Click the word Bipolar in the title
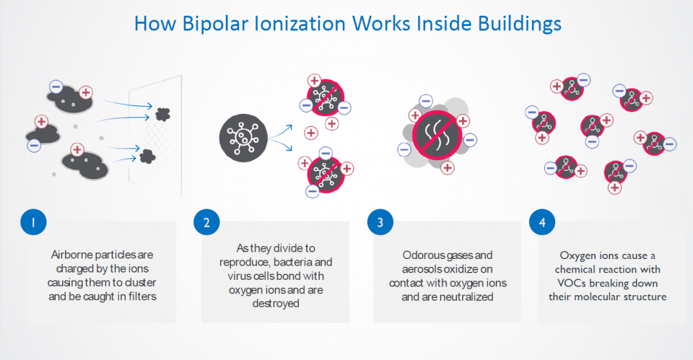[215, 24]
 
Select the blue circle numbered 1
[33, 222]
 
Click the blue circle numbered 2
[206, 222]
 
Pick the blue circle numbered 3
[380, 222]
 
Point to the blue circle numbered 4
[542, 222]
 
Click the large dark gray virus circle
[243, 138]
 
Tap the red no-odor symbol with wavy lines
[437, 135]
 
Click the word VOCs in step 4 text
[572, 283]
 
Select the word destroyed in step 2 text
[276, 304]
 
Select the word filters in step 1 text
[142, 297]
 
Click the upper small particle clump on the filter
[162, 115]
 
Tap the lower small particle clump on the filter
[147, 157]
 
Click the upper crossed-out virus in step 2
[326, 97]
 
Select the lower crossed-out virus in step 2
[326, 175]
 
